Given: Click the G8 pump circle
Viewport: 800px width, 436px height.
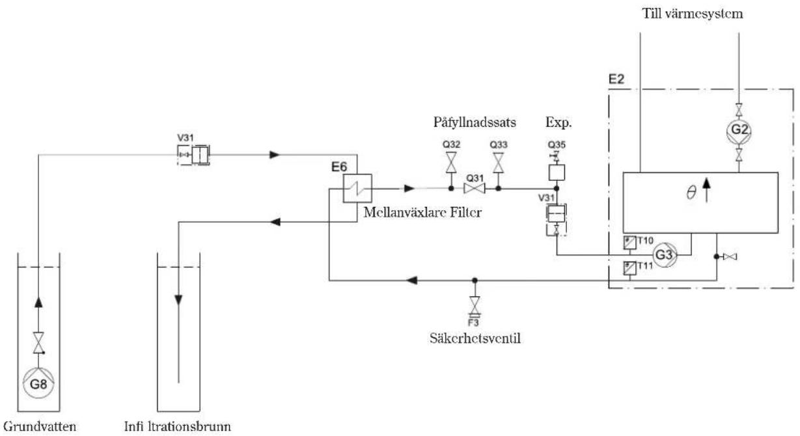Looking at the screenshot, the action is click(38, 383).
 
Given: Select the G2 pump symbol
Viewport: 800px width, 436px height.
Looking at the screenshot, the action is click(739, 130).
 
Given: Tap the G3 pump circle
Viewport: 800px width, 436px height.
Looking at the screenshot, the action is click(665, 255).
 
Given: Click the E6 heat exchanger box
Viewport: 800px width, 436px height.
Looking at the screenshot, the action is click(357, 188).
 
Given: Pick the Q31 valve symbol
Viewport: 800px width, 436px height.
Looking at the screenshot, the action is click(475, 188).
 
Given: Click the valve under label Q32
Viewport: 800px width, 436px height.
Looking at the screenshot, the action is click(451, 163).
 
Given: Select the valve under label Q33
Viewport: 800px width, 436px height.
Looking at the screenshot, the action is click(498, 163).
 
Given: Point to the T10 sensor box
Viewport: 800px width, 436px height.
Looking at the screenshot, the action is click(629, 243).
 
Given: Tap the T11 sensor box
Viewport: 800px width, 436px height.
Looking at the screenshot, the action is click(629, 268).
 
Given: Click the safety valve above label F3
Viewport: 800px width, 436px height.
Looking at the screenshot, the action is click(475, 306).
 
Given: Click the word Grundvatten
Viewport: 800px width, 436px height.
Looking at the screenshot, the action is click(40, 427).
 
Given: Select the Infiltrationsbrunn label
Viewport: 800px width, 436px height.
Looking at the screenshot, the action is click(178, 426).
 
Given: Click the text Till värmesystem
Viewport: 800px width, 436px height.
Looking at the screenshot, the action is click(693, 14).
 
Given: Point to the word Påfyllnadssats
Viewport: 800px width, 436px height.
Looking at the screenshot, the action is click(475, 122).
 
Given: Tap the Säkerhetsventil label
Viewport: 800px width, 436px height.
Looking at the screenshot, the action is click(475, 338).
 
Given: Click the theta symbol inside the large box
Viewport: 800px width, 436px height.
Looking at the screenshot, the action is click(691, 193).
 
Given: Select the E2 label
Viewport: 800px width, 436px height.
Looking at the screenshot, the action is click(616, 79).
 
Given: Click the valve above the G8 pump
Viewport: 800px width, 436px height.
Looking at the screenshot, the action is click(38, 343).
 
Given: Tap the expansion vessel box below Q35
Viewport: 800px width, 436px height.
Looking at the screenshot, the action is click(557, 172).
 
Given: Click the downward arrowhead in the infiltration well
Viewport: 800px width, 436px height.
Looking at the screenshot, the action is click(178, 300).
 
